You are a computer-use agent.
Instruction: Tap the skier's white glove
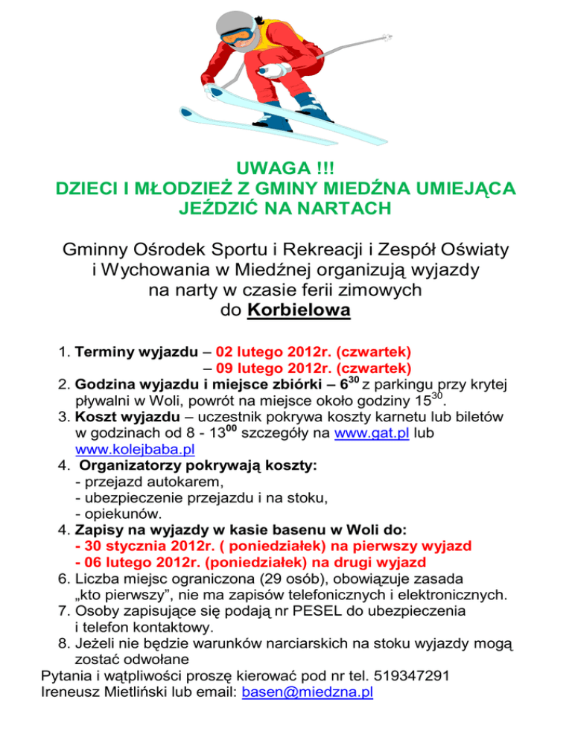277,69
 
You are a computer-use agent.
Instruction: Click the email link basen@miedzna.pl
308,692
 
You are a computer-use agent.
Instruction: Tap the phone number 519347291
421,676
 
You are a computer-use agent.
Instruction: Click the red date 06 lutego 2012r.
139,563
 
